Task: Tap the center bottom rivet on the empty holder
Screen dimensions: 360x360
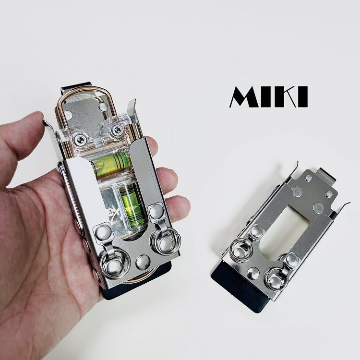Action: (x=255, y=274)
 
